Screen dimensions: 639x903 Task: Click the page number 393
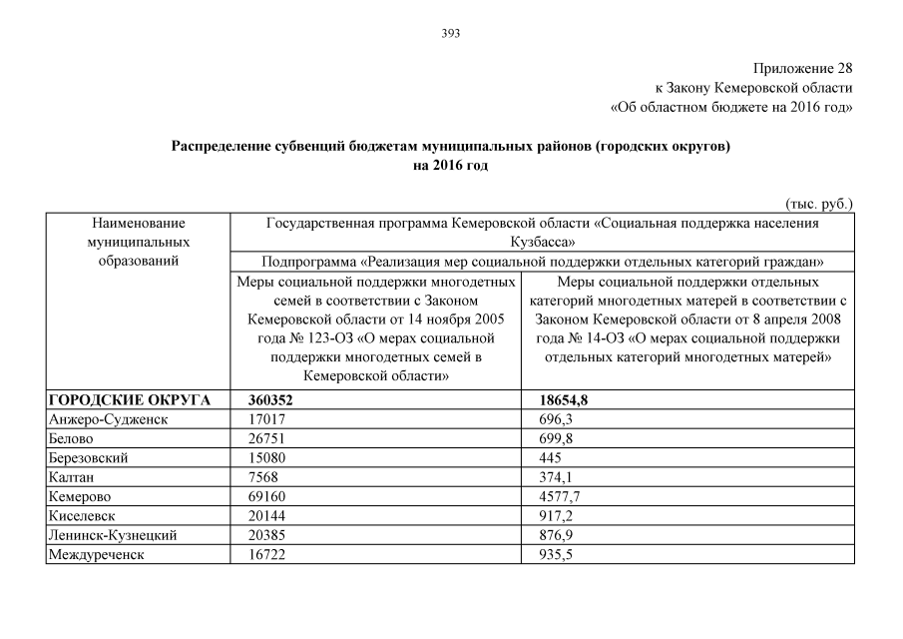[x=450, y=33]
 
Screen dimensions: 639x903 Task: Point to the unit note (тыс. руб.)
[x=819, y=203]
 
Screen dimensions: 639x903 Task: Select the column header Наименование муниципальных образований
[x=138, y=243]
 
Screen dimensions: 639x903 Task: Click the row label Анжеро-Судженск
[x=108, y=419]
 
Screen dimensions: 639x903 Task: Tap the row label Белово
[x=71, y=438]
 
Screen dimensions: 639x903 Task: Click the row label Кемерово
[x=79, y=496]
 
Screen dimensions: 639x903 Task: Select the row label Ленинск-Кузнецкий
[x=113, y=535]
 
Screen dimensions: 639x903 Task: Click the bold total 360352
[x=274, y=400]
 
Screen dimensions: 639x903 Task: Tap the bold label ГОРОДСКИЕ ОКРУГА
[x=130, y=400]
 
